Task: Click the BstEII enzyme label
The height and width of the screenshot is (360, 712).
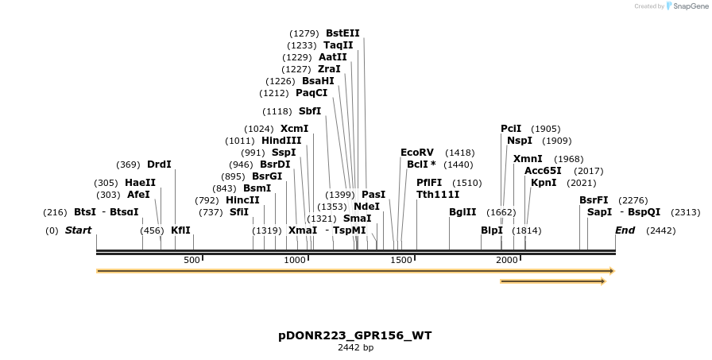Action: click(342, 33)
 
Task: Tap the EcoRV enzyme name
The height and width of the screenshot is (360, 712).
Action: click(417, 153)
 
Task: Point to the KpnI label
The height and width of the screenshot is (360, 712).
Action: click(544, 183)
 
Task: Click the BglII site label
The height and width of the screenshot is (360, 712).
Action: click(462, 212)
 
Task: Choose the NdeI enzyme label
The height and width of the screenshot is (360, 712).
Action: click(366, 207)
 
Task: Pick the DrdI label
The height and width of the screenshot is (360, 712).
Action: click(159, 165)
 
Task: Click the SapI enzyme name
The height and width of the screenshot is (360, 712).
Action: click(599, 212)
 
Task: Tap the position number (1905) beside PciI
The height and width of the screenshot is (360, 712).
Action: click(546, 129)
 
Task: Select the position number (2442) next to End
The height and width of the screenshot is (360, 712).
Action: click(661, 230)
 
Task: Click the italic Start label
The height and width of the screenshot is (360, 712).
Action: click(78, 230)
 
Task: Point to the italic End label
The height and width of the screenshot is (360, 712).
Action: click(625, 230)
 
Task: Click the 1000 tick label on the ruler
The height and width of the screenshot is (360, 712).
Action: click(295, 260)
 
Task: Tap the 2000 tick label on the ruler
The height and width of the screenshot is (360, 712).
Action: click(506, 260)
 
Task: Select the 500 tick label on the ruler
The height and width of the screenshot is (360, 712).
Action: click(192, 260)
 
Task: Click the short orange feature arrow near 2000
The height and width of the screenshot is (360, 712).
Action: click(552, 281)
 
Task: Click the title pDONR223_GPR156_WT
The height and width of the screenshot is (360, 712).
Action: click(355, 335)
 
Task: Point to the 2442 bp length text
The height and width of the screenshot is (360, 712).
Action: click(355, 348)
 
